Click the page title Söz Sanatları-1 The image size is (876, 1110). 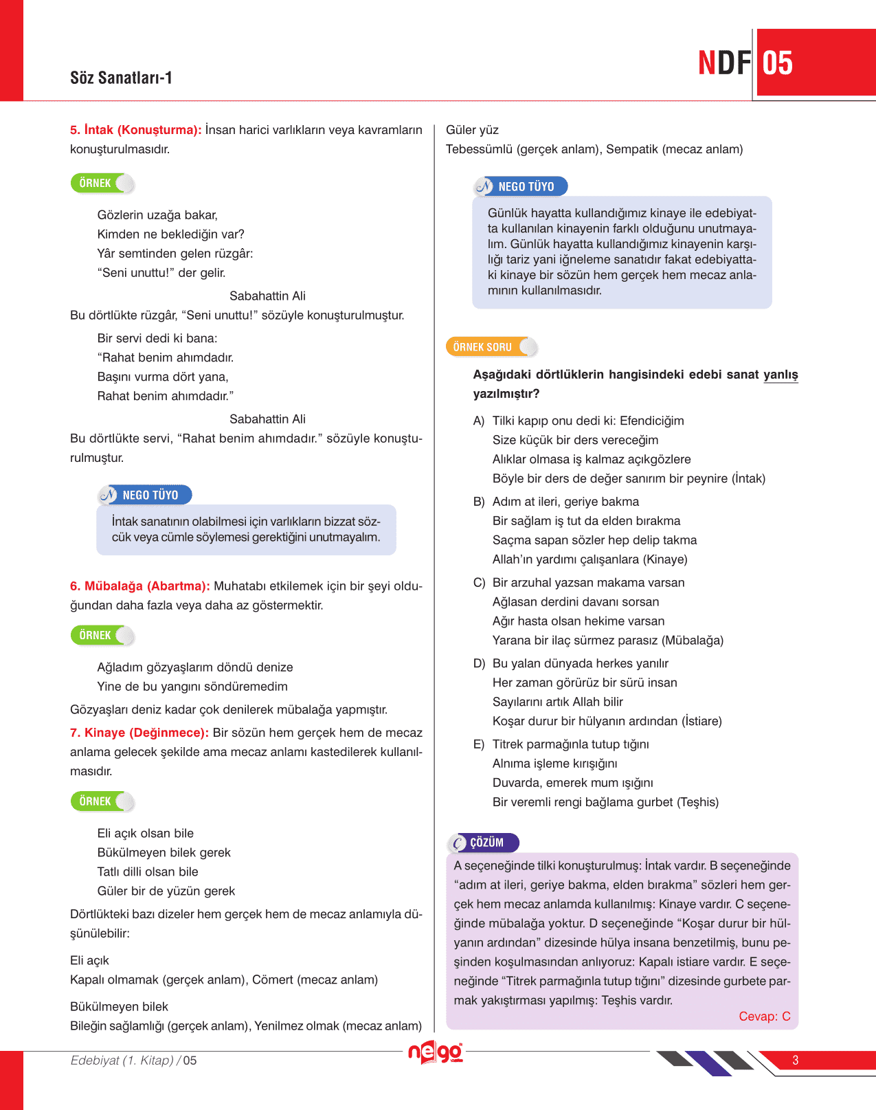point(121,78)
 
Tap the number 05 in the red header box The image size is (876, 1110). point(778,63)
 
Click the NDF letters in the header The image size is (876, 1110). point(724,63)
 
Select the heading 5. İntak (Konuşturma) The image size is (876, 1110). point(136,130)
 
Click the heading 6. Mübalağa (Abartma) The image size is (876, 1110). point(140,586)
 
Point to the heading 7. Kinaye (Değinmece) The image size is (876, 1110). point(139,733)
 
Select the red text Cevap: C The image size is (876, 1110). point(764,1017)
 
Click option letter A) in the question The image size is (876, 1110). point(479,421)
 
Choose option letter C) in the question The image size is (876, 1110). point(479,583)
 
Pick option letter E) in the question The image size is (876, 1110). point(479,744)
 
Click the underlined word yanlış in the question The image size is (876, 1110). point(780,375)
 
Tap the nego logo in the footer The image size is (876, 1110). point(436,1053)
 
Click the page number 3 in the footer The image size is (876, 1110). point(796,1060)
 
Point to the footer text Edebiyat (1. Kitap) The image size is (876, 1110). point(122,1061)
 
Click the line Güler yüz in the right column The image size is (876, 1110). point(472,130)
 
